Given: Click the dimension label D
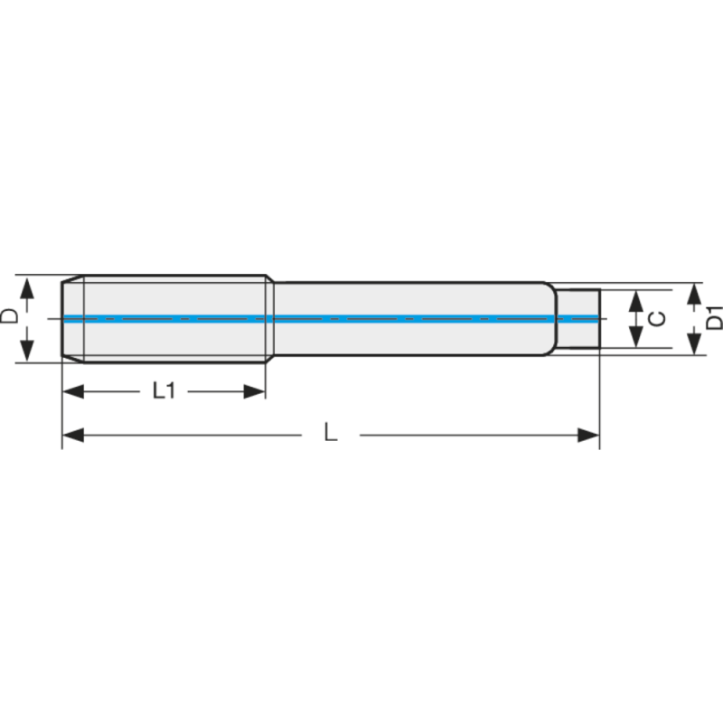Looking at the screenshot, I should pyautogui.click(x=10, y=316).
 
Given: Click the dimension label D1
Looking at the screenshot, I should pyautogui.click(x=713, y=319).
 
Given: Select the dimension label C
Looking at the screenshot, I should pyautogui.click(x=659, y=318).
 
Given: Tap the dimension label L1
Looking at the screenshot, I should pyautogui.click(x=164, y=390).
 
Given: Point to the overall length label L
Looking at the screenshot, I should pyautogui.click(x=331, y=435).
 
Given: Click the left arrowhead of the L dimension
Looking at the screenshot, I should pyautogui.click(x=72, y=436).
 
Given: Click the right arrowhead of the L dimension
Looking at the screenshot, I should pyautogui.click(x=588, y=436).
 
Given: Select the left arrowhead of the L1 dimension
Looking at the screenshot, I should pyautogui.click(x=72, y=391).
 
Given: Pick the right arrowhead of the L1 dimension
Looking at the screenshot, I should pyautogui.click(x=255, y=391).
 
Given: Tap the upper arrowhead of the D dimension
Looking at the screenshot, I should pyautogui.click(x=27, y=287).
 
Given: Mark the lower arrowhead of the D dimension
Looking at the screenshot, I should pyautogui.click(x=27, y=350).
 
